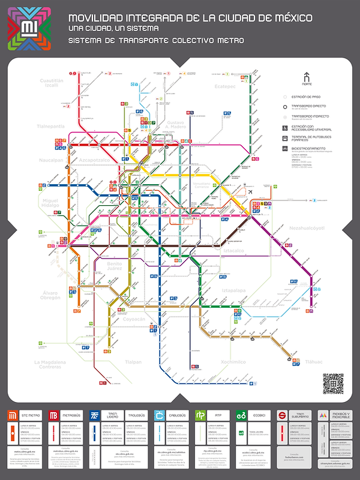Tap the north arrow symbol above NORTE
(307, 77)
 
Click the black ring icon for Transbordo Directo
(286, 106)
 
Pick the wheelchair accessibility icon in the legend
(286, 128)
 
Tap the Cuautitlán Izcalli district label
(51, 82)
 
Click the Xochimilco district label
(233, 362)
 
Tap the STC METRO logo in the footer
(13, 415)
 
